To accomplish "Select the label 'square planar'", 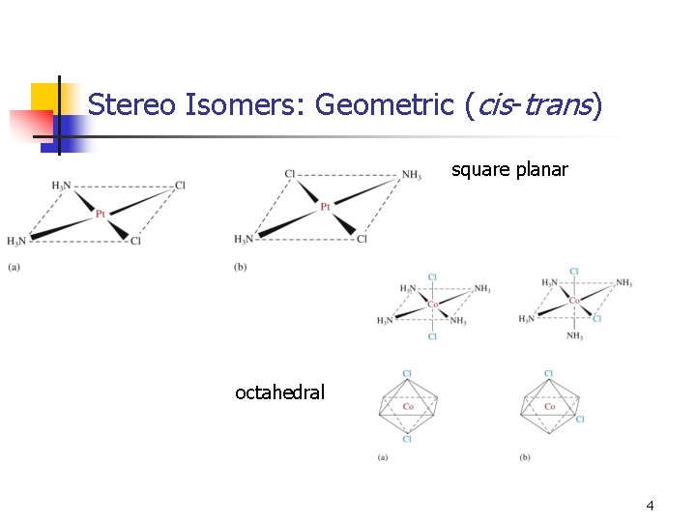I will pyautogui.click(x=509, y=170).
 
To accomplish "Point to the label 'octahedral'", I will pyautogui.click(x=279, y=392).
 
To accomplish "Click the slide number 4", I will pyautogui.click(x=650, y=506).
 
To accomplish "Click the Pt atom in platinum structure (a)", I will pyautogui.click(x=100, y=214).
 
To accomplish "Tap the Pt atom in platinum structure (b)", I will pyautogui.click(x=326, y=206).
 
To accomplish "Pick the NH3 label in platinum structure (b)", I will pyautogui.click(x=411, y=175).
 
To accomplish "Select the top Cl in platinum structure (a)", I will pyautogui.click(x=180, y=186).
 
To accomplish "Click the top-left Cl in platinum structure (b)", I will pyautogui.click(x=290, y=174).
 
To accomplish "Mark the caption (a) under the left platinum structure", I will pyautogui.click(x=14, y=266).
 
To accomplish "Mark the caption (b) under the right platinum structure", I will pyautogui.click(x=240, y=266).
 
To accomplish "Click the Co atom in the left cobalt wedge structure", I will pyautogui.click(x=433, y=304).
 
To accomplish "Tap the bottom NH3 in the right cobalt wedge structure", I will pyautogui.click(x=574, y=336).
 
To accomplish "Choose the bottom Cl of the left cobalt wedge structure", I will pyautogui.click(x=432, y=336).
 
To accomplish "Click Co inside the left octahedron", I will pyautogui.click(x=407, y=407).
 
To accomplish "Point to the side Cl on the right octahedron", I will pyautogui.click(x=580, y=419).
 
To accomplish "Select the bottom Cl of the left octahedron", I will pyautogui.click(x=407, y=439).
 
